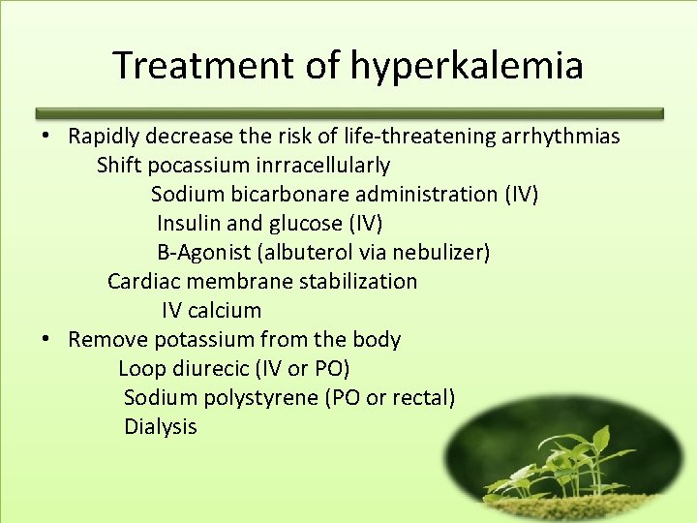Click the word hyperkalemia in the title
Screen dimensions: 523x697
tap(467, 67)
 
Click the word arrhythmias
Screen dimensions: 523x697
tap(561, 137)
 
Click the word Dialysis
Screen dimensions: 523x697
tap(161, 427)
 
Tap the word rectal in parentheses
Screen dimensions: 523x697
tap(423, 398)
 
